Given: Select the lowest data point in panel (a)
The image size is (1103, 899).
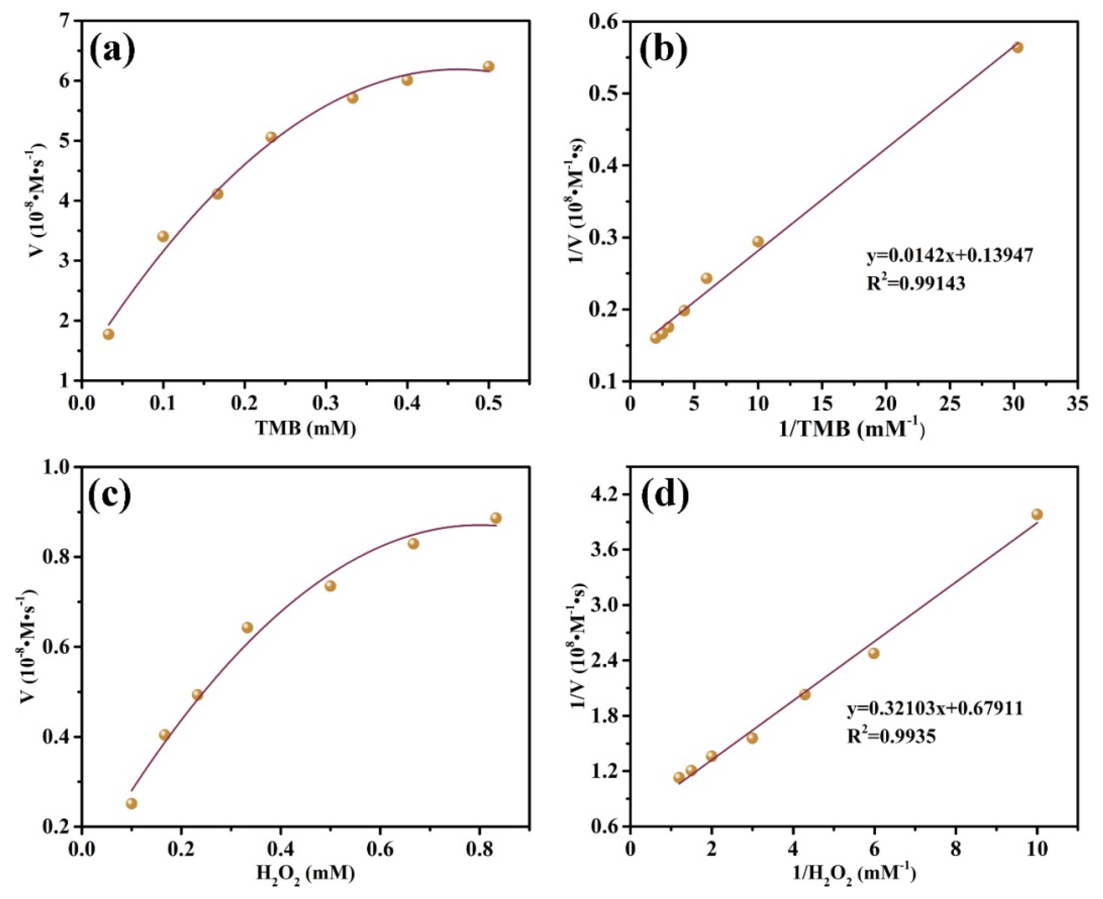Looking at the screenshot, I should pos(108,334).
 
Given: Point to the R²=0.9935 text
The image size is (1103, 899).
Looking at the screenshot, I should pos(892,736).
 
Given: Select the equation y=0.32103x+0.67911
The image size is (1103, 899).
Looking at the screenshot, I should pos(935,708).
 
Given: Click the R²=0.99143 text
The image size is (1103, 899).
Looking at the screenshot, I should pos(916,284).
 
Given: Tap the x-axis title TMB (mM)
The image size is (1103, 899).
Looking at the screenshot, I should pos(306,428).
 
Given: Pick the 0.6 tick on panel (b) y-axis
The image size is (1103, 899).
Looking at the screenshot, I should pos(604,21).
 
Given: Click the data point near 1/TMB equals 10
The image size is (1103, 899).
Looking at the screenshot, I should pos(758,241).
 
